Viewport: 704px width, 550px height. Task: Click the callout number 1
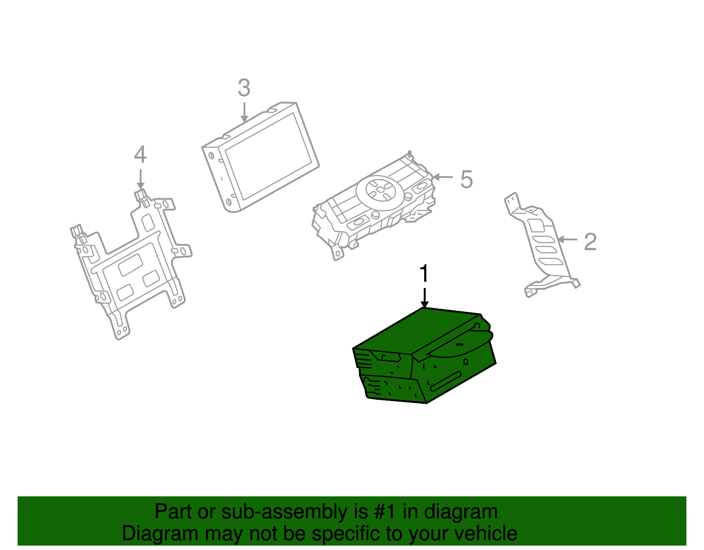pos(424,273)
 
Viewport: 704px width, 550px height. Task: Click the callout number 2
pos(590,242)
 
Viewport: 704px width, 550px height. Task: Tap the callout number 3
pos(244,88)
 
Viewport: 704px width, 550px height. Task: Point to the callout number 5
pos(466,179)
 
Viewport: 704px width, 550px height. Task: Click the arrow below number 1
pos(425,298)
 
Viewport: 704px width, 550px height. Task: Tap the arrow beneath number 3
pos(244,112)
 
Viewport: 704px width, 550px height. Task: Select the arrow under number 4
pos(140,179)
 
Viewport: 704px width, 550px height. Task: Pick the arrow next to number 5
pos(443,177)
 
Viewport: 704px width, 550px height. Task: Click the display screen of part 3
pos(268,157)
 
